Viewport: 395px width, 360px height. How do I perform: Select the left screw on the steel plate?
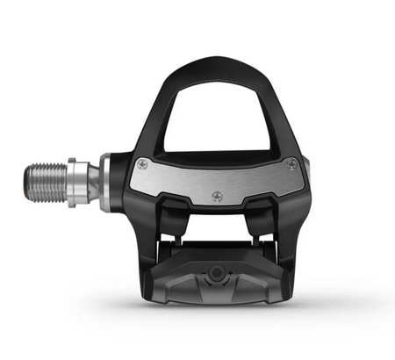tap(142, 164)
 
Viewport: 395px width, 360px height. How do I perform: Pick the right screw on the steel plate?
tap(291, 163)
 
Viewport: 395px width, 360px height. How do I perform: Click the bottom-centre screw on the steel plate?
tap(217, 196)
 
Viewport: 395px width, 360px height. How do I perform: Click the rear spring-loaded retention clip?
tap(216, 281)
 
